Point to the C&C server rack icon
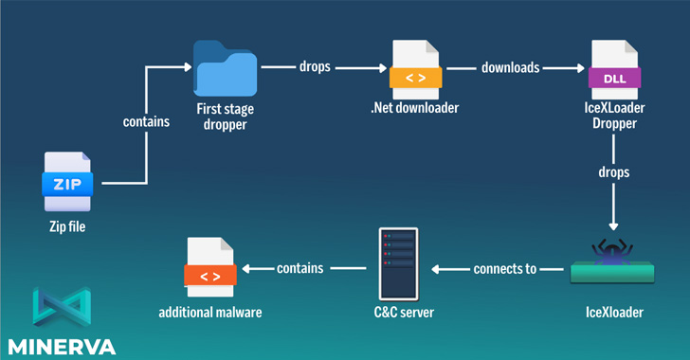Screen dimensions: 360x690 (x=398, y=262)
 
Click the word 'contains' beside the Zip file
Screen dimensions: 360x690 (x=147, y=121)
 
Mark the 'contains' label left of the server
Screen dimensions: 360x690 (x=300, y=269)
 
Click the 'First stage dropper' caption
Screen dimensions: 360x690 (x=225, y=117)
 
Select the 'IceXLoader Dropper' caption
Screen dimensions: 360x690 (x=613, y=116)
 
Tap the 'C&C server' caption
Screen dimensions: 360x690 (x=398, y=311)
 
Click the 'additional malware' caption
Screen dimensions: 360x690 (x=209, y=311)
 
